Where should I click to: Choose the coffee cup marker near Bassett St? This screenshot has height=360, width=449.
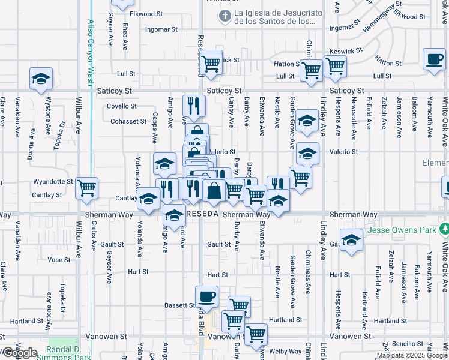pos(206,297)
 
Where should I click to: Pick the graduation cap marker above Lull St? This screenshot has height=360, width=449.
pos(41,79)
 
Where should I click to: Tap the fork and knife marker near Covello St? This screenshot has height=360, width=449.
pos(194,106)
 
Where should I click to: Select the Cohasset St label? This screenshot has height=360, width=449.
pos(128,121)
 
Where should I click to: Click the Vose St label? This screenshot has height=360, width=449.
pos(59,260)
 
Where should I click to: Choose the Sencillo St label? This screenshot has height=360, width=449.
pos(408,343)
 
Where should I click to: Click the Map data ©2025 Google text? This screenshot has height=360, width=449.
pos(412,355)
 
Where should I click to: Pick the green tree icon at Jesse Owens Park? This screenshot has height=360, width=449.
pos(444,229)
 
